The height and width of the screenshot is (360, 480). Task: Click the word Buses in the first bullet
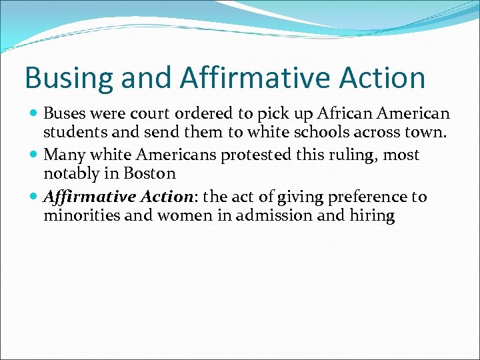[x=63, y=114]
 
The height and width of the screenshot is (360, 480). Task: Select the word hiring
[x=373, y=216]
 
